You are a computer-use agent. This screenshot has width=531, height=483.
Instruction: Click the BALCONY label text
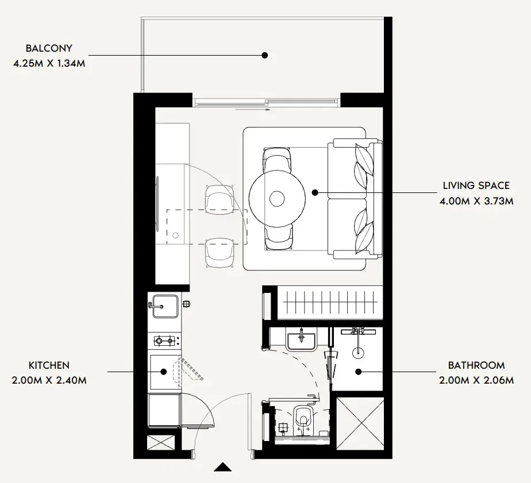click(49, 48)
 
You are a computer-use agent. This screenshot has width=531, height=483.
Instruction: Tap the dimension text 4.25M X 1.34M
click(49, 63)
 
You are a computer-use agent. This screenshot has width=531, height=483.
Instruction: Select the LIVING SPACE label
click(476, 186)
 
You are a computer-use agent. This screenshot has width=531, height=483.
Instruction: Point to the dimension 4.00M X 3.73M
click(476, 201)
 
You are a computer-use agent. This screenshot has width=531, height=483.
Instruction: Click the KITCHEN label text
click(49, 365)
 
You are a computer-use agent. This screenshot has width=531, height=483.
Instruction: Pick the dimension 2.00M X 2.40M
click(49, 380)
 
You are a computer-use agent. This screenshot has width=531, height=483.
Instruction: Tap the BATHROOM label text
click(476, 365)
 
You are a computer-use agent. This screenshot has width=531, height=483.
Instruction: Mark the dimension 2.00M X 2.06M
click(476, 380)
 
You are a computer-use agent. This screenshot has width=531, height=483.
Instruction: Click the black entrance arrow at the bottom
click(223, 467)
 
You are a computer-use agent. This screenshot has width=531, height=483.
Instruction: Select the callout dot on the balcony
click(265, 55)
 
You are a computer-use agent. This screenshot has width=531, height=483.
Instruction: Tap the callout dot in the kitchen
click(164, 372)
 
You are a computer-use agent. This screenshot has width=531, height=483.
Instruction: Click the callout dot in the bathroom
click(358, 372)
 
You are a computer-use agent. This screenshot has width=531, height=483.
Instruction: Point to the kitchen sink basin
click(165, 306)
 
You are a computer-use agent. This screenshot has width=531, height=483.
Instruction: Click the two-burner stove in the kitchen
click(164, 340)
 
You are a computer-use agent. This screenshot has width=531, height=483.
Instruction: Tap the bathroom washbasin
click(301, 342)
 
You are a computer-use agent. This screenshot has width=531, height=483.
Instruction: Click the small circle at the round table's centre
click(277, 199)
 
